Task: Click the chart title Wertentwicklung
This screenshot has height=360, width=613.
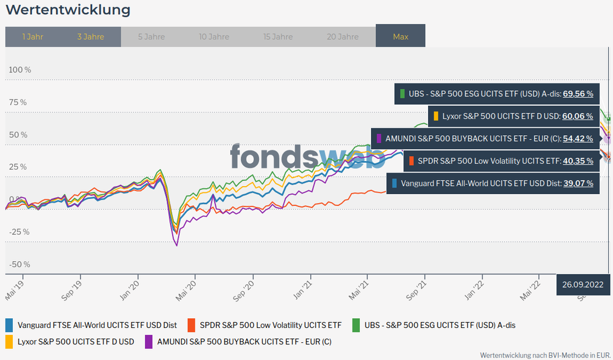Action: point(68,10)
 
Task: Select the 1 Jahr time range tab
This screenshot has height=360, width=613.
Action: point(33,36)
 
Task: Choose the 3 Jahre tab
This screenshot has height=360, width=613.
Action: point(90,36)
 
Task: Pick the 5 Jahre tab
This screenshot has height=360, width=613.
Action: point(151,36)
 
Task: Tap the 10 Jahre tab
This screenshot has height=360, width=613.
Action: point(214,36)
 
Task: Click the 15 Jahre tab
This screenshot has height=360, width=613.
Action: point(278,36)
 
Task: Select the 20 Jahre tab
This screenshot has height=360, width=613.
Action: point(343,36)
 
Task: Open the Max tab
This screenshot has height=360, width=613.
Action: point(400,36)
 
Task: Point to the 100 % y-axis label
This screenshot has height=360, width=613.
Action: point(20,69)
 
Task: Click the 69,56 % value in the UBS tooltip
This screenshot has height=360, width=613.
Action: point(578,94)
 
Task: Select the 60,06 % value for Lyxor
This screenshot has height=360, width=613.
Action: point(578,116)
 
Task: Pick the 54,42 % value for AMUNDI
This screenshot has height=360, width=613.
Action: point(578,138)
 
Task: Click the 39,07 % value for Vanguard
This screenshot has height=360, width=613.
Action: point(578,183)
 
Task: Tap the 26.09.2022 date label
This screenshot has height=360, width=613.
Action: point(582,284)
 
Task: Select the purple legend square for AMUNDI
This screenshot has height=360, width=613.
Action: point(149,341)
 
